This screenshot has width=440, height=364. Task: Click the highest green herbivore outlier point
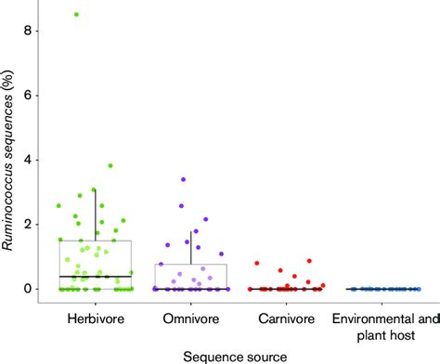point(76,15)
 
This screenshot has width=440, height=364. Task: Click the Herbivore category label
point(94,318)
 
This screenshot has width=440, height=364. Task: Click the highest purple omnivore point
point(184,179)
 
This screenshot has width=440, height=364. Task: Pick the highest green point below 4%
point(110,165)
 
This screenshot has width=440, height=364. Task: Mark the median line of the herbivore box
point(94,276)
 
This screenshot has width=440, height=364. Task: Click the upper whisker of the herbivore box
point(94,214)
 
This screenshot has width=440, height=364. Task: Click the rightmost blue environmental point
point(418,289)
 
